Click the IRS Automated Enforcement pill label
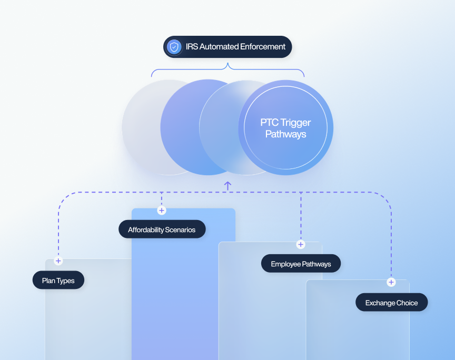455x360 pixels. [227, 47]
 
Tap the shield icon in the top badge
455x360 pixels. [174, 47]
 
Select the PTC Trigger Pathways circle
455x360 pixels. [286, 128]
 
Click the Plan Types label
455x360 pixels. [58, 280]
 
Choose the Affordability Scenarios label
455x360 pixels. [162, 229]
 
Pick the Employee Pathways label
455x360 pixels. [301, 263]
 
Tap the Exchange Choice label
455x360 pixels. [391, 302]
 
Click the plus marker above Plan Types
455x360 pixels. [58, 261]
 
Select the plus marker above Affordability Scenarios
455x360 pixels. [162, 211]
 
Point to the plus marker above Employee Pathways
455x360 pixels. [301, 245]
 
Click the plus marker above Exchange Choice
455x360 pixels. [391, 282]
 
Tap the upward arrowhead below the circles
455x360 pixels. [228, 183]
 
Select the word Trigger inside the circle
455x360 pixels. [295, 123]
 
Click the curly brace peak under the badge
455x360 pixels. [228, 64]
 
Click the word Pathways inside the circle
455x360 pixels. [286, 134]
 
